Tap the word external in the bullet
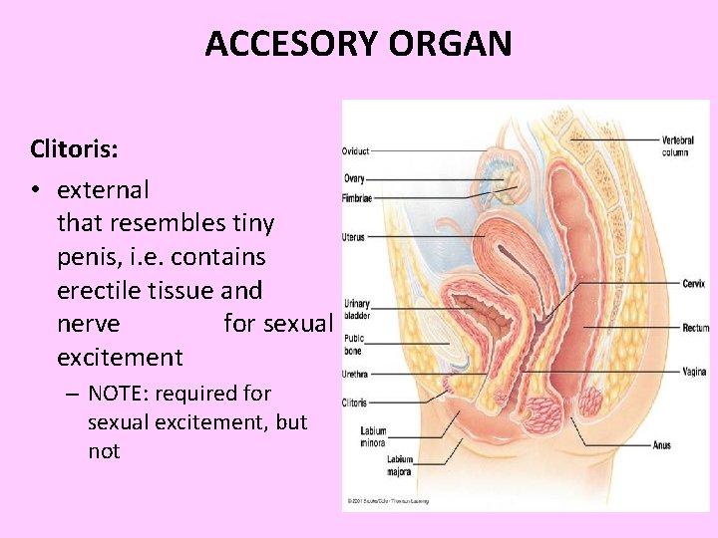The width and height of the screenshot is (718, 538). pos(104,189)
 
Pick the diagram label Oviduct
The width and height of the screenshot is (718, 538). pos(356,151)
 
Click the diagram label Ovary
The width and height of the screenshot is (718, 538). pos(354,178)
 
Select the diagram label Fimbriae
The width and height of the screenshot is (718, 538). pos(358,198)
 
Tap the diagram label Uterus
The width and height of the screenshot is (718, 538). pos(354,237)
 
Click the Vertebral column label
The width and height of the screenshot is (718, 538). pos(679,145)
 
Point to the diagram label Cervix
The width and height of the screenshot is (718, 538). pos(694,283)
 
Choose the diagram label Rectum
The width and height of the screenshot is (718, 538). pos(696,328)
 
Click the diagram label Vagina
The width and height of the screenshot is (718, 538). pos(695,372)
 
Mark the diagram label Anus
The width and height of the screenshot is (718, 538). pos(663,444)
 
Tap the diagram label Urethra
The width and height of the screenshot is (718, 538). pos(356,376)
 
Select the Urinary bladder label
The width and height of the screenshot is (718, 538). pos(357,308)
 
